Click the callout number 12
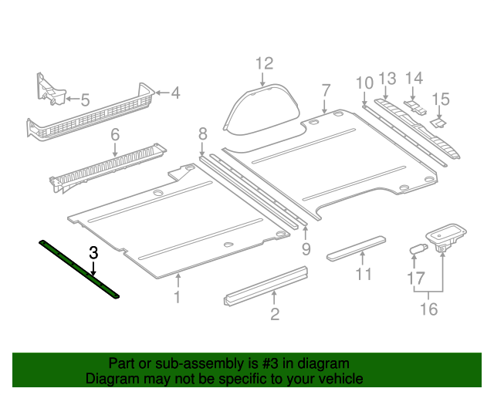click(x=264, y=62)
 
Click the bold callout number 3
click(x=93, y=252)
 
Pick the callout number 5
click(x=85, y=99)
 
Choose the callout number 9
click(x=306, y=248)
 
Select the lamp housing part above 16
click(x=444, y=236)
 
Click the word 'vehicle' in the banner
click(x=340, y=379)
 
